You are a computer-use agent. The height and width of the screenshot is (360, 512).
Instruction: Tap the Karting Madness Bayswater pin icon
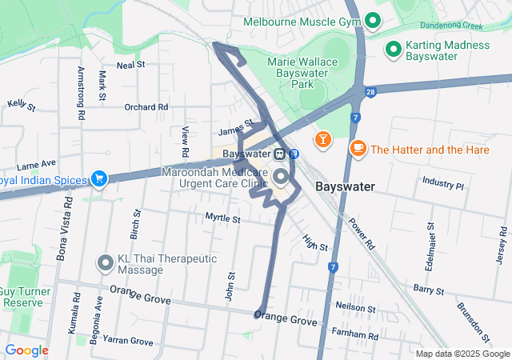393,50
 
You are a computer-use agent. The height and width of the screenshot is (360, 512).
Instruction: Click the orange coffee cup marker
358,149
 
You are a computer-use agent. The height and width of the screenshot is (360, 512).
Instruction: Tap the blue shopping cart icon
99,179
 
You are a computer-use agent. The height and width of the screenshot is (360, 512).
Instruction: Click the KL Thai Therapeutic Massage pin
106,263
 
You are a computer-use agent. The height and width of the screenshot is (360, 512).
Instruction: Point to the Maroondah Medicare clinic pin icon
280,177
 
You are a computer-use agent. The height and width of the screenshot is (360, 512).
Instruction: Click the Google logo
26,350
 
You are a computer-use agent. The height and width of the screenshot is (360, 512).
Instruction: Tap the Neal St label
130,65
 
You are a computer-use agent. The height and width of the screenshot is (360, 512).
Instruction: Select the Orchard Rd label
146,106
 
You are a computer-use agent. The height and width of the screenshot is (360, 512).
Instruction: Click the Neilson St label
356,306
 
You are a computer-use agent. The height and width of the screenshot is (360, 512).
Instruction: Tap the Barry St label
428,288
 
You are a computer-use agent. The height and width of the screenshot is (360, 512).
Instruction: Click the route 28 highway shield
371,93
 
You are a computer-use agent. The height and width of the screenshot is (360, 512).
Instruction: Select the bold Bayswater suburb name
346,186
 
